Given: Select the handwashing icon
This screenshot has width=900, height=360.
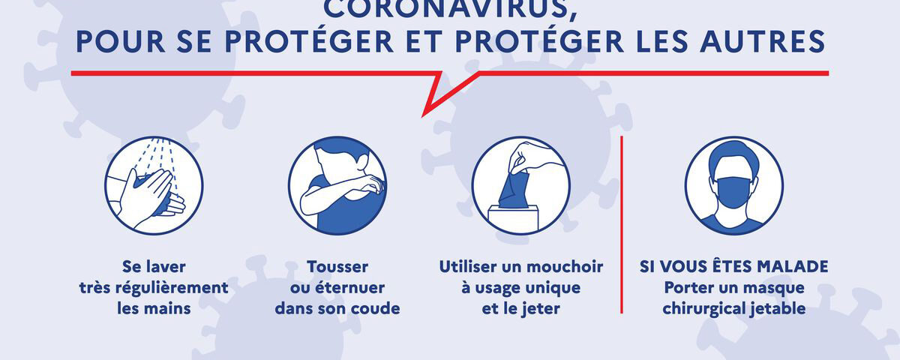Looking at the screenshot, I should (154, 185).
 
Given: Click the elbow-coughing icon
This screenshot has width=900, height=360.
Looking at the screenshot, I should (337, 185).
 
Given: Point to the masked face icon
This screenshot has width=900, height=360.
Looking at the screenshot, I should (734, 185).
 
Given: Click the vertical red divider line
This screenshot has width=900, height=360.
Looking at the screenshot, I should (622, 225).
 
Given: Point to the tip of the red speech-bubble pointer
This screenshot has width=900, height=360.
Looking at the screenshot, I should (424, 115).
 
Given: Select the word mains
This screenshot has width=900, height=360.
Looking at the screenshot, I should (154, 308).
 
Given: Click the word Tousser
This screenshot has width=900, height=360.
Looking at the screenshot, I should (337, 267).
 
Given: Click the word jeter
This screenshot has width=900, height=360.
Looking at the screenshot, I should (540, 308).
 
